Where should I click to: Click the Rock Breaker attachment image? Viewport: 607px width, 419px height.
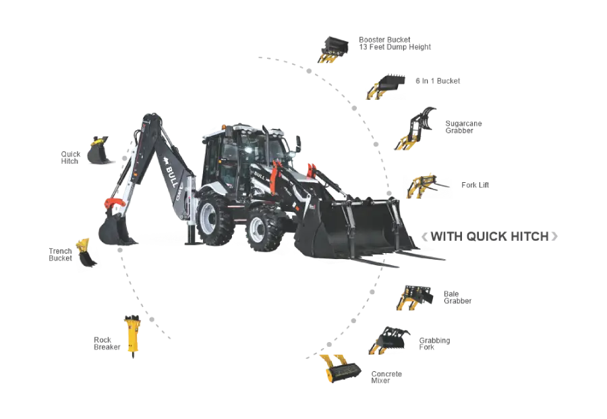[133, 335]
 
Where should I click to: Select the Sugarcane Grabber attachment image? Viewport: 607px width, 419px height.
[415, 129]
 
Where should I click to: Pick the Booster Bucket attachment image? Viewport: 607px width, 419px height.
[333, 49]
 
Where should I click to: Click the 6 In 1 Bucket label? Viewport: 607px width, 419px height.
[438, 81]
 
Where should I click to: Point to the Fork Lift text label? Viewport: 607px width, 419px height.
[475, 185]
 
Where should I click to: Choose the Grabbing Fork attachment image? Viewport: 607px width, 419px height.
[389, 340]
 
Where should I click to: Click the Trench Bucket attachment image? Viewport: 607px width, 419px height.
[86, 252]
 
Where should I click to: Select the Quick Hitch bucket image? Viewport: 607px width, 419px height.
[98, 150]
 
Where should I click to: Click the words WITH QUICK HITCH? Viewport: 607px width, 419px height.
[490, 236]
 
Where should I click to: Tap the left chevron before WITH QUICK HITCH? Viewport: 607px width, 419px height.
[425, 237]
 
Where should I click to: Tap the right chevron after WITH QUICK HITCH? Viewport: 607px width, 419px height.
[554, 236]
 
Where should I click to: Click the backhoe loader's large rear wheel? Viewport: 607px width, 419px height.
[214, 221]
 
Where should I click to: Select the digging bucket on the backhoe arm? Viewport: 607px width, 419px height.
[115, 229]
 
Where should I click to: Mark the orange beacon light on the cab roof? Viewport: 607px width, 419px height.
[223, 127]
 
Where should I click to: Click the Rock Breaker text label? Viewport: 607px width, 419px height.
[107, 343]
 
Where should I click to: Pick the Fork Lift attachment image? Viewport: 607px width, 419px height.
[426, 187]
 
